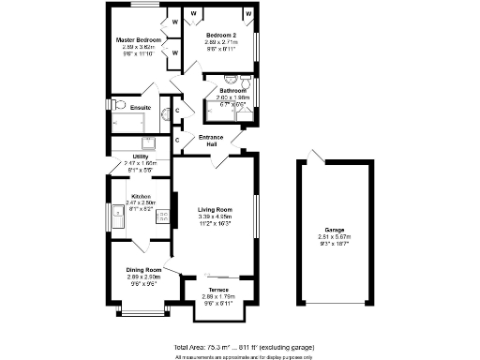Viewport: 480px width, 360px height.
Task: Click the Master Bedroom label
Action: pyautogui.click(x=139, y=41)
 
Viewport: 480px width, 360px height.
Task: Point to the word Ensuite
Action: pyautogui.click(x=142, y=107)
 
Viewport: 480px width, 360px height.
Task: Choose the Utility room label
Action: pyautogui.click(x=138, y=157)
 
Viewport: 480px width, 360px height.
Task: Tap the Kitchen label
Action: pyautogui.click(x=139, y=196)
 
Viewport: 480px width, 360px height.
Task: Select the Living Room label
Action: pyautogui.click(x=215, y=210)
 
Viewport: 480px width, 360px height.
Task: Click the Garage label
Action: pyautogui.click(x=335, y=230)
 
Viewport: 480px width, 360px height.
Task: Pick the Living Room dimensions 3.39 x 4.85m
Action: pyautogui.click(x=215, y=217)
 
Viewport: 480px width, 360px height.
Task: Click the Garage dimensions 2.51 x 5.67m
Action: pyautogui.click(x=335, y=237)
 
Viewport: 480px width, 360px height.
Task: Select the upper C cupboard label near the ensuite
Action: pyautogui.click(x=178, y=111)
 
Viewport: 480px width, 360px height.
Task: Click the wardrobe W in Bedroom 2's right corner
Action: pyautogui.click(x=248, y=14)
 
